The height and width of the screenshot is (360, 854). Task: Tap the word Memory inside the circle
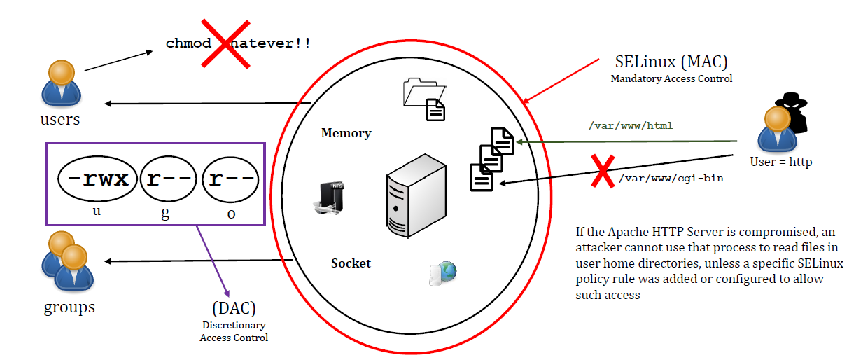(346, 133)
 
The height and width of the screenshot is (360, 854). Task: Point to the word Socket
(351, 263)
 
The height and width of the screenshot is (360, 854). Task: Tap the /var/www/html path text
(631, 126)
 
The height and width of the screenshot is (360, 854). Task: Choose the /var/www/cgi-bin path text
(670, 179)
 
